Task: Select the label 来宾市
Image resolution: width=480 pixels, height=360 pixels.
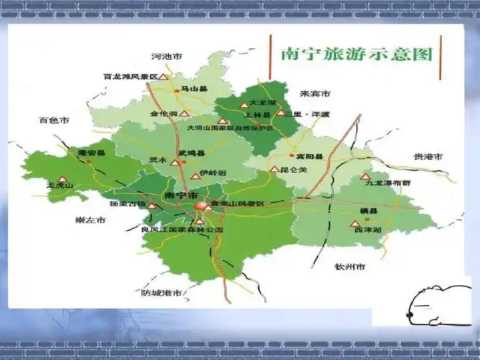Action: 314,94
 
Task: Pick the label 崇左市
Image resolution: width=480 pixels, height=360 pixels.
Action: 91,220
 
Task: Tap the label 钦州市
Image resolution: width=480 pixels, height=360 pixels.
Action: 350,267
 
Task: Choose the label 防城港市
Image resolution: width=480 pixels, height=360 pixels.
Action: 161,293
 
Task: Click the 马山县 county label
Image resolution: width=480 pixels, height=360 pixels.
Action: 193,89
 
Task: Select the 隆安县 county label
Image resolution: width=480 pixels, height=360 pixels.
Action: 91,153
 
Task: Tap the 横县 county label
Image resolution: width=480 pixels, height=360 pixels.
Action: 368,210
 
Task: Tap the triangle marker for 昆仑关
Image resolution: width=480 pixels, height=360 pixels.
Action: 273,169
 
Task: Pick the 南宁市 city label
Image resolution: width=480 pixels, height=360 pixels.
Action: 179,195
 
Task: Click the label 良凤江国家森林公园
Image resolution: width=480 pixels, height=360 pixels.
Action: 183,230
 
